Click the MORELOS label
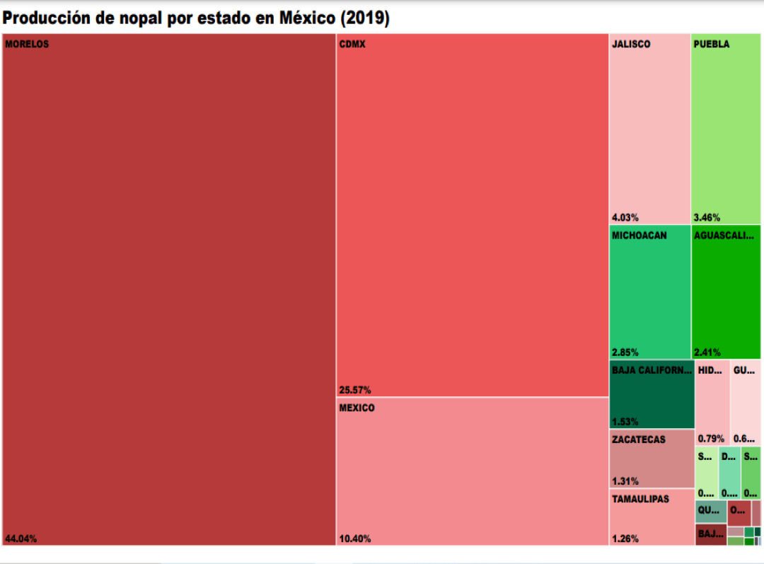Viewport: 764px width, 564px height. point(27,44)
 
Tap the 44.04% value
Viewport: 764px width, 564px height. point(21,539)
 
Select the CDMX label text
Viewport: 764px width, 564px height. point(352,44)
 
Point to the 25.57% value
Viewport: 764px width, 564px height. point(355,390)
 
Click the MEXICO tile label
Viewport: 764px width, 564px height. point(357,408)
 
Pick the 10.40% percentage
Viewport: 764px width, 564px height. point(355,539)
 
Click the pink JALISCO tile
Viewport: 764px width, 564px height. point(649,127)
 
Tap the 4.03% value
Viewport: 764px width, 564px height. point(625,217)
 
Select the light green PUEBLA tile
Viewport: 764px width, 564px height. point(726,127)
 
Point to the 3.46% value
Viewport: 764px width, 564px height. point(707,217)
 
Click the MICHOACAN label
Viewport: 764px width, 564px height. point(639,236)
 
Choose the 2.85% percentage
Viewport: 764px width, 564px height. point(625,352)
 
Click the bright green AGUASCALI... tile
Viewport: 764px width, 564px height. point(726,297)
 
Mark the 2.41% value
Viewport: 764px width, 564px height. point(707,352)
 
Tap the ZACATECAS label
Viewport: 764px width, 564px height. point(639,439)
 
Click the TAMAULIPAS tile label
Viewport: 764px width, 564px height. point(640,499)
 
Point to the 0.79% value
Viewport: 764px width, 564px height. point(711,438)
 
